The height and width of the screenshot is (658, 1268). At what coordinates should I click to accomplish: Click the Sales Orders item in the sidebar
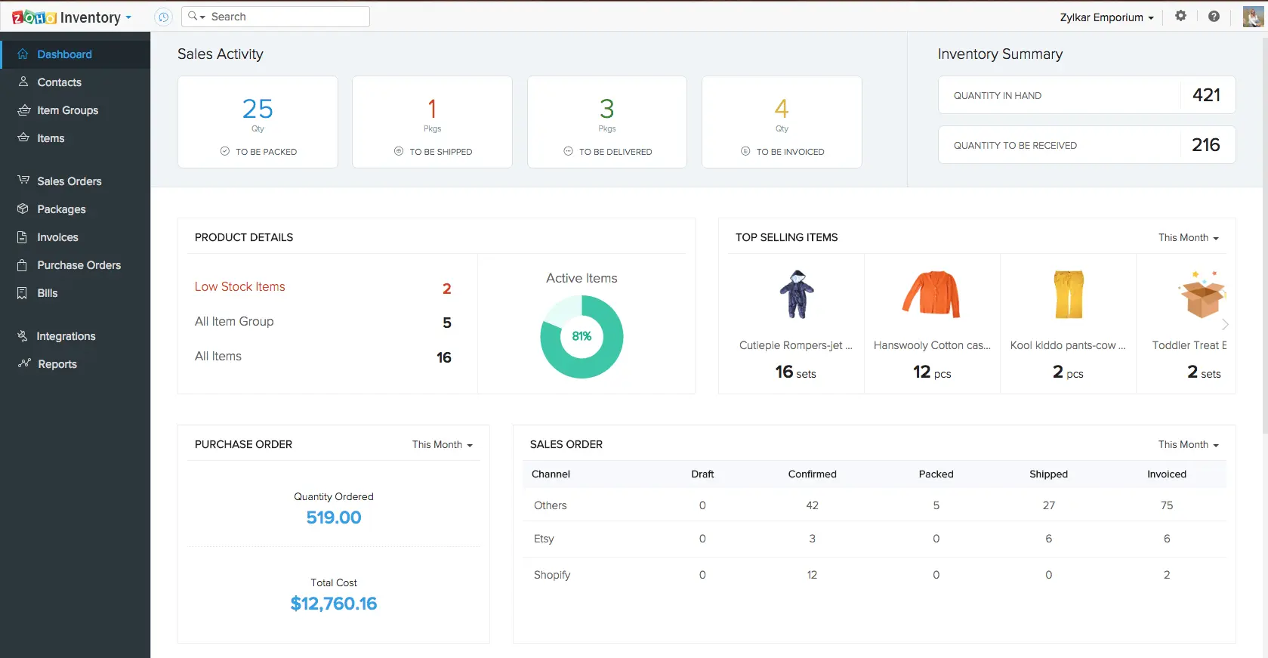69,181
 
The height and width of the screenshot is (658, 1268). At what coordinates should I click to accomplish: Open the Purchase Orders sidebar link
79,265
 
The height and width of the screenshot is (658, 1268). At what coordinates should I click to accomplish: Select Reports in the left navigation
57,364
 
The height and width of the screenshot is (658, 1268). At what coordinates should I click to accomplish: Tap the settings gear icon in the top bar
1180,16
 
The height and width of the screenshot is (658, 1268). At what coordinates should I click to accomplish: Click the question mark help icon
1214,16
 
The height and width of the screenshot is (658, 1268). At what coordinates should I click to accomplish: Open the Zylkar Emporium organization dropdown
1106,17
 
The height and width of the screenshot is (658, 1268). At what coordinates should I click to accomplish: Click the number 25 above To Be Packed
258,109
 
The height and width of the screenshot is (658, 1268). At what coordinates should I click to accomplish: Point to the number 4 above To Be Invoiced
782,109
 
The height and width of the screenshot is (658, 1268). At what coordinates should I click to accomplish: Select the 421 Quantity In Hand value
1206,95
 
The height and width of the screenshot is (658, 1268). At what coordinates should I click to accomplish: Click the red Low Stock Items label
240,287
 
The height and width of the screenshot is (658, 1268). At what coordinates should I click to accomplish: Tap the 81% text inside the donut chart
582,336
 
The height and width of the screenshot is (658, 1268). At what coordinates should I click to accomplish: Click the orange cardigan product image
931,294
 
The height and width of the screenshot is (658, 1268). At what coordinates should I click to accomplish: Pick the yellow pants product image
1069,294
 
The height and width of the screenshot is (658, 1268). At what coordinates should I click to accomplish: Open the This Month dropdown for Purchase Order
442,445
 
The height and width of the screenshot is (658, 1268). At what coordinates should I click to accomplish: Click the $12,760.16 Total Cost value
334,604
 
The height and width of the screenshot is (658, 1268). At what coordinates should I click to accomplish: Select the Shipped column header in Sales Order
1048,474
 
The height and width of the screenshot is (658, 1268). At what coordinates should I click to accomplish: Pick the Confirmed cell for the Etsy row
812,539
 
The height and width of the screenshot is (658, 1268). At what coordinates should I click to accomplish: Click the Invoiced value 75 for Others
1167,505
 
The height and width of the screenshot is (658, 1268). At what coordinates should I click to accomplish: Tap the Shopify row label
552,575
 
